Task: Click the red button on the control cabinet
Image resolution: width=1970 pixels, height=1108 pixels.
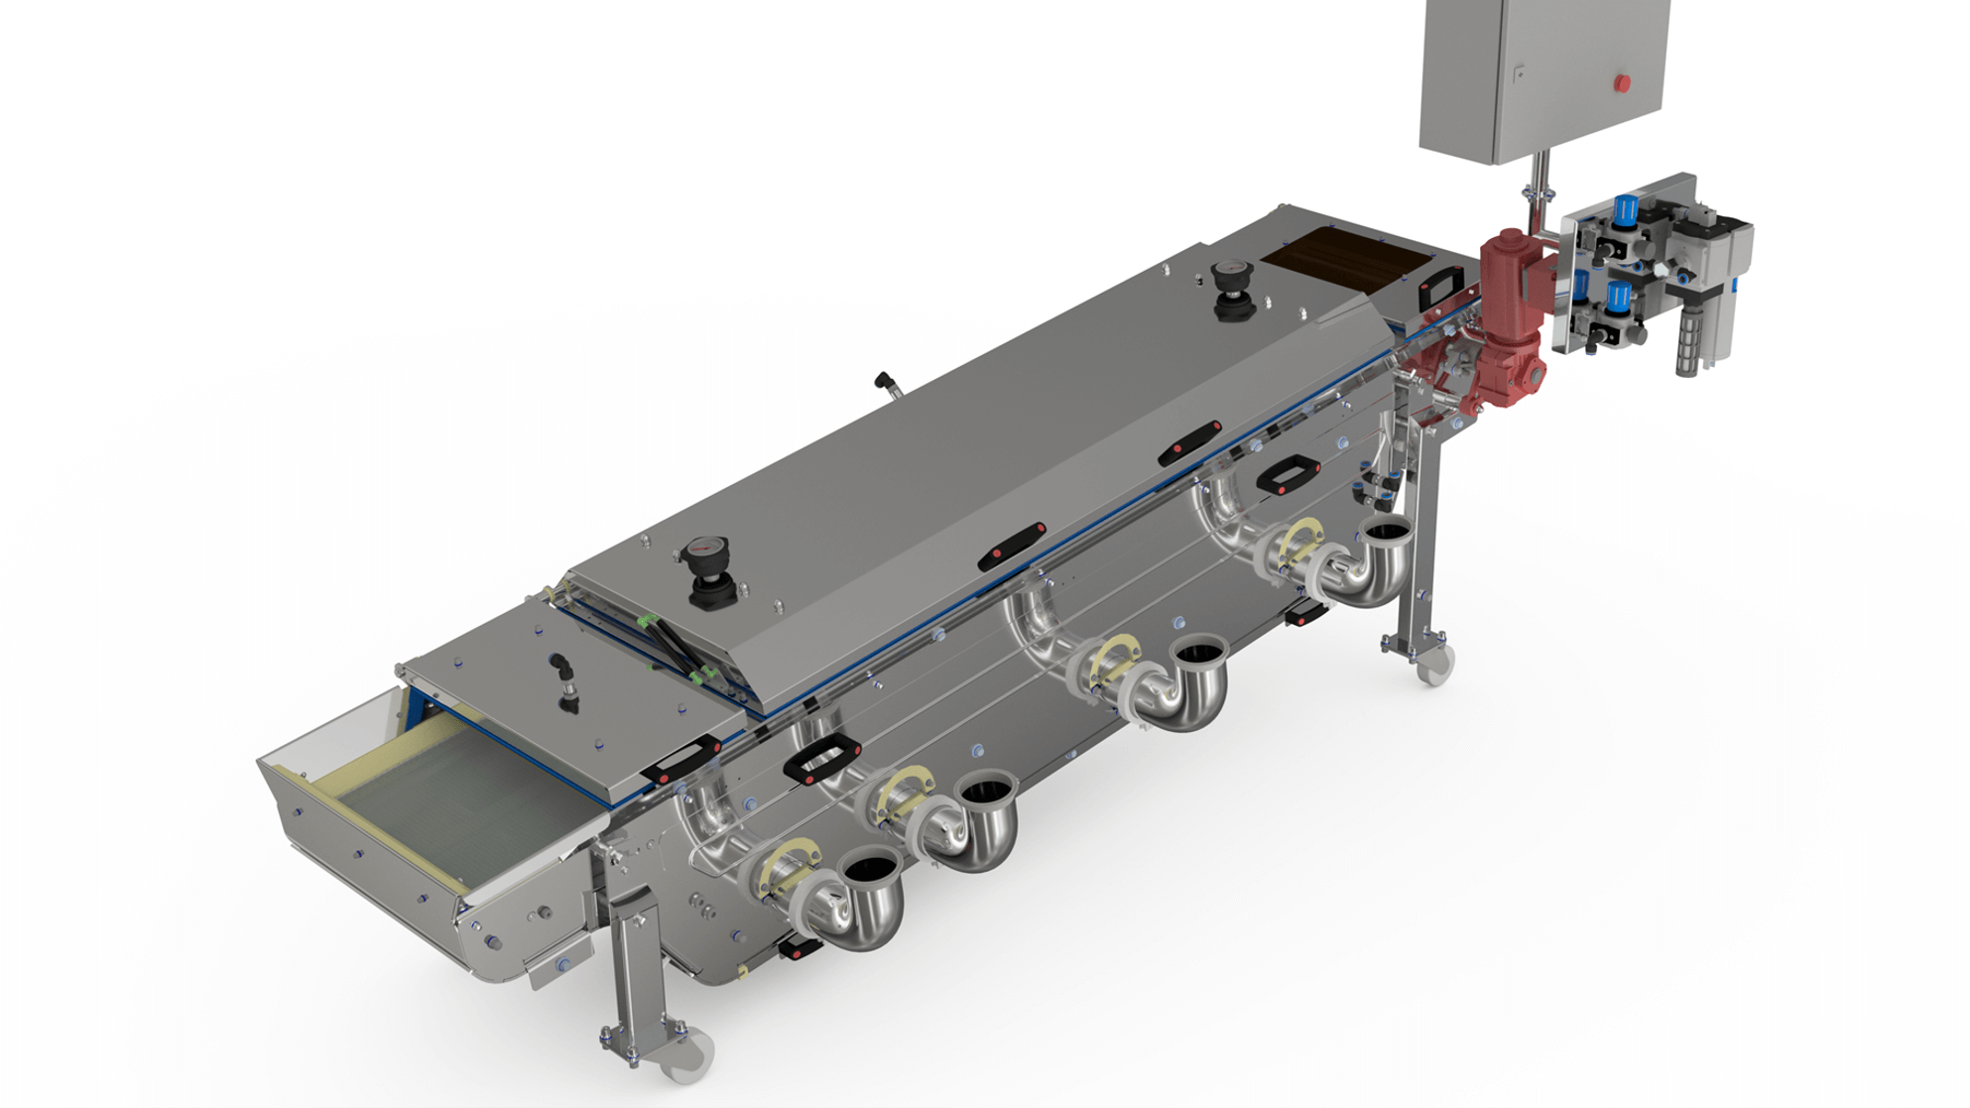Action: click(x=1622, y=83)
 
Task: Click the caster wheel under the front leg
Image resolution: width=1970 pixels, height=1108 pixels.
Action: click(x=687, y=1055)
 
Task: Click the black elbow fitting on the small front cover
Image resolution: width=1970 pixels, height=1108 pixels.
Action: click(x=563, y=670)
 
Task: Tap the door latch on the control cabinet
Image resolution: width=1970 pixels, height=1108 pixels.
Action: click(x=1519, y=74)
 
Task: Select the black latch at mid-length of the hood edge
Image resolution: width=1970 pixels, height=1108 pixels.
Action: click(x=1012, y=546)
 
